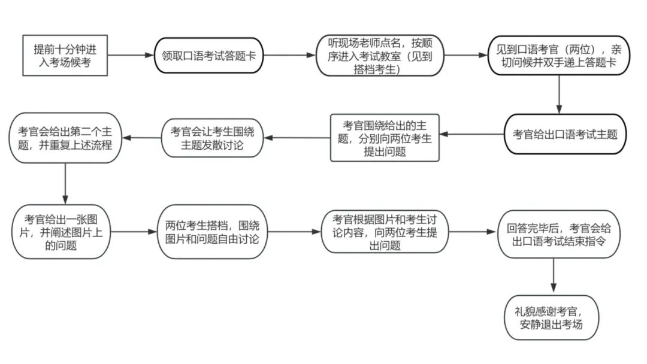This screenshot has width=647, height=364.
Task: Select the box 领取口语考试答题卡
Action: [x=209, y=56]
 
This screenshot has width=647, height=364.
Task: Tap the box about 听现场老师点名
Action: [x=380, y=56]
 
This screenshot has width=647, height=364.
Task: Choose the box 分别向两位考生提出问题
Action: [x=385, y=138]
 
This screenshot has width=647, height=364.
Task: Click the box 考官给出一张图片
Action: [x=61, y=231]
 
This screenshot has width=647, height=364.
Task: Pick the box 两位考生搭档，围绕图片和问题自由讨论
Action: [x=211, y=232]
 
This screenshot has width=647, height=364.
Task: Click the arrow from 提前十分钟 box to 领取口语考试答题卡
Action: [x=131, y=56]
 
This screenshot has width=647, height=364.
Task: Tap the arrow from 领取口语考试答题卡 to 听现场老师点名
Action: [x=289, y=56]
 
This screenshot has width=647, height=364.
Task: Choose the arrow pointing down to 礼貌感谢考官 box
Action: [x=552, y=276]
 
